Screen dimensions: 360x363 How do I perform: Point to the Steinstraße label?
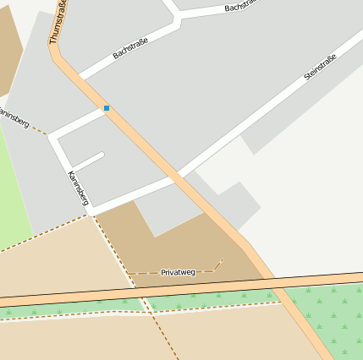coord(320,68)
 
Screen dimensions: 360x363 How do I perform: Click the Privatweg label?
coord(178,272)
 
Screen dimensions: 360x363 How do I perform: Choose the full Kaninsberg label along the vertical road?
coord(78,188)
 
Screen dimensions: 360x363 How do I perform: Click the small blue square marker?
coord(107,108)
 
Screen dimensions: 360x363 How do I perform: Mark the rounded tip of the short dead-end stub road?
coord(101,155)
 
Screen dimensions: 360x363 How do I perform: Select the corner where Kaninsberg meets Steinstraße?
coord(91,208)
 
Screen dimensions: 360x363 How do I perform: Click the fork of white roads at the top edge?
coord(175,15)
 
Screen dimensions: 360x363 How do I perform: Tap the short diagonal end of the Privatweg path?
coord(217,265)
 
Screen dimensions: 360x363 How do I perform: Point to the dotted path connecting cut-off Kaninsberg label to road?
coord(39,129)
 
